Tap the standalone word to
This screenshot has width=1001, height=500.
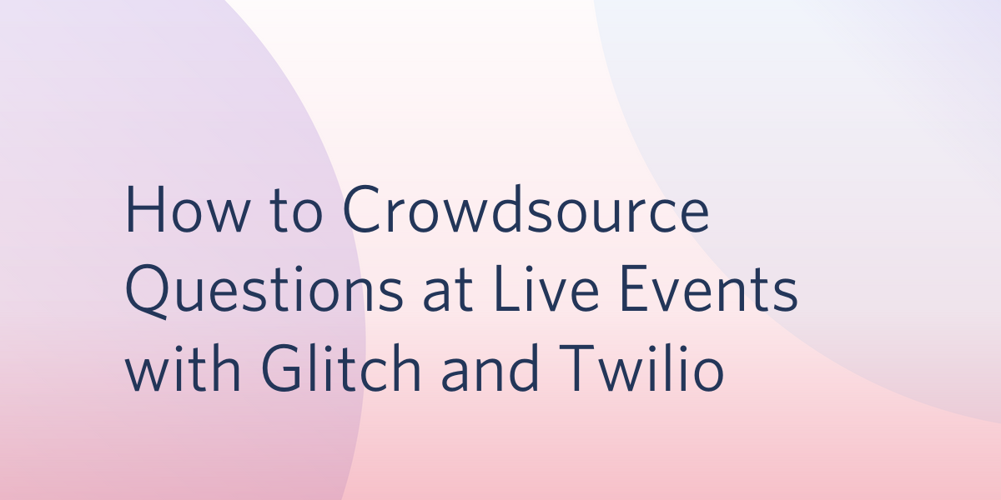point(296,211)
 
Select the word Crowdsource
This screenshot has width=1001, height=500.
point(526,208)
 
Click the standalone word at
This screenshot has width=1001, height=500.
point(448,291)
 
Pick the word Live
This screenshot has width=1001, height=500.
point(546,289)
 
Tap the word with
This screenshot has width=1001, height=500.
point(184,367)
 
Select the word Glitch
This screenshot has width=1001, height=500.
point(341,367)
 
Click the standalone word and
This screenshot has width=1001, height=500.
point(490,367)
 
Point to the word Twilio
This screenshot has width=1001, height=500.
point(641,367)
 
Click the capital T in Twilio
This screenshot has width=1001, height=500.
point(576,368)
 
